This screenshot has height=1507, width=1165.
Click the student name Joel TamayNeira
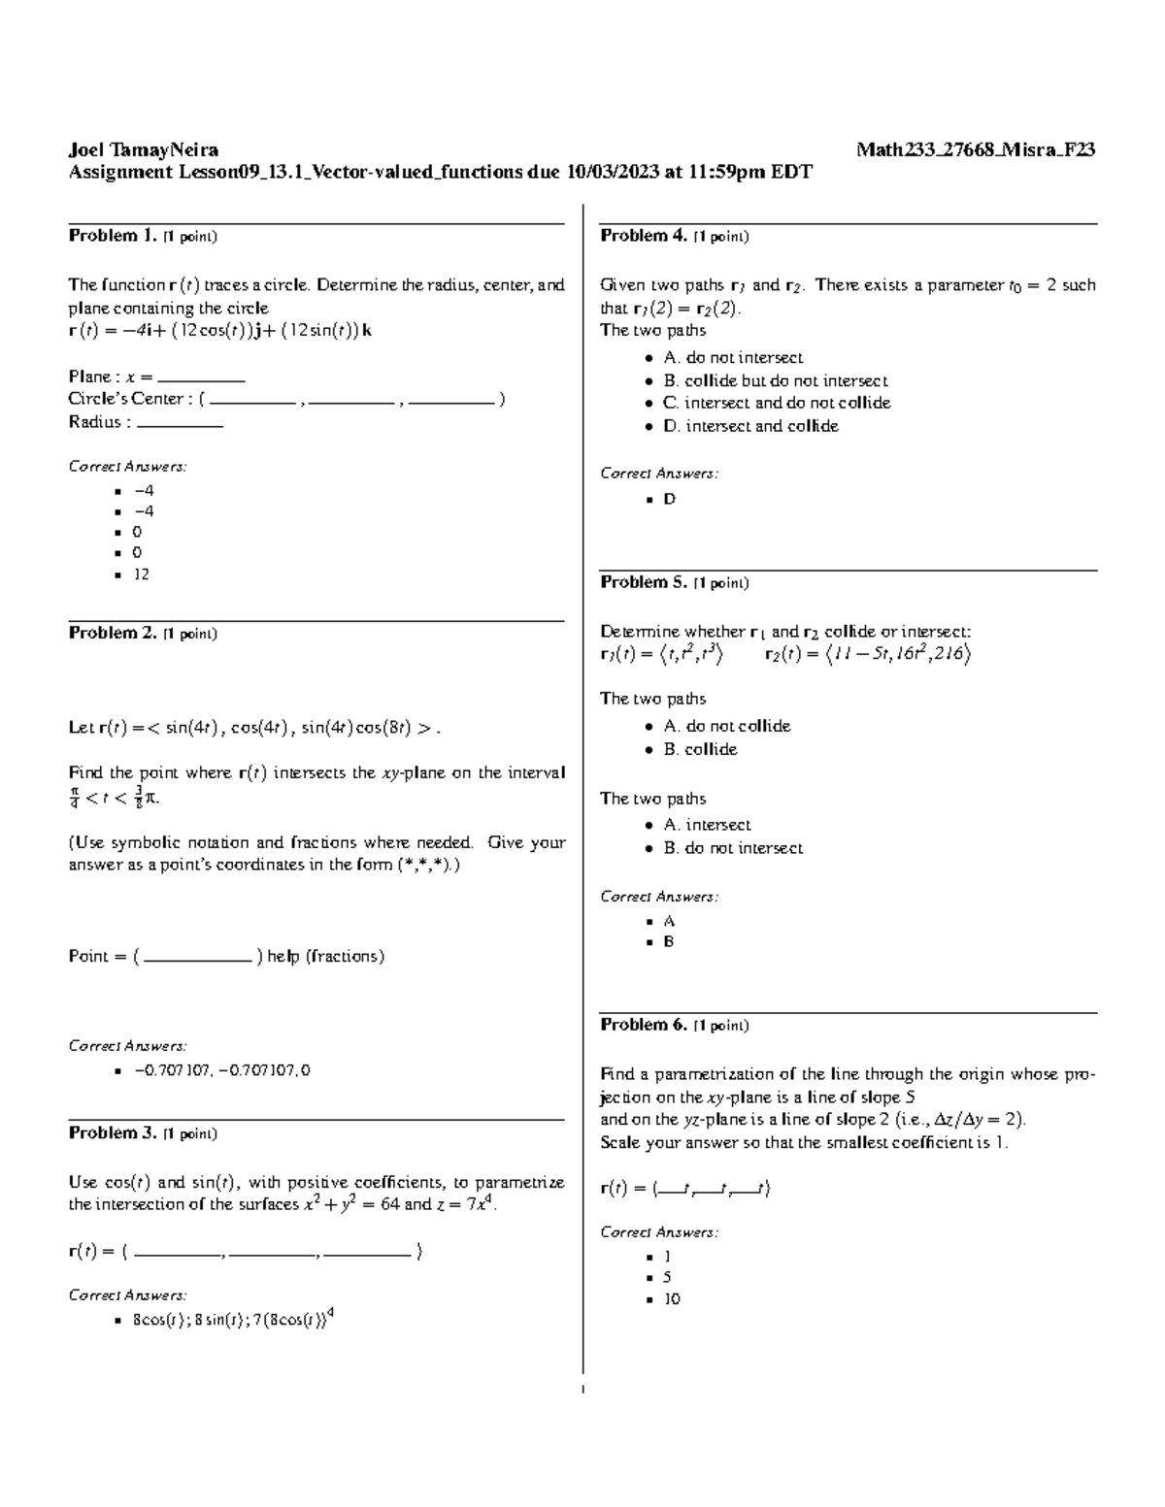(143, 149)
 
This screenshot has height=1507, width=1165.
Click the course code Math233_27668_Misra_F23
(976, 149)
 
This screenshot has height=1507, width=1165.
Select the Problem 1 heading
(112, 236)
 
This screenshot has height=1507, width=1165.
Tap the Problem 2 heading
(112, 633)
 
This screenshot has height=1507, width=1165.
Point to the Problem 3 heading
(112, 1132)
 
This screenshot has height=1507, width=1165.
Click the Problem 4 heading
(644, 236)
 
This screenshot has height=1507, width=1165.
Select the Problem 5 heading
(644, 582)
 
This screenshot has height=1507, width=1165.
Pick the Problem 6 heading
(644, 1025)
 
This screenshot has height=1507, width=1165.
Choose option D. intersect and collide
(750, 426)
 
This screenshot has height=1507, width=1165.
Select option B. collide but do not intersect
(775, 381)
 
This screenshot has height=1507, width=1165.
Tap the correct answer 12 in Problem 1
(142, 573)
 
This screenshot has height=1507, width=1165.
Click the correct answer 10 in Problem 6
(672, 1298)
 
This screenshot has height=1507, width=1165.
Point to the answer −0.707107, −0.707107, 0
(222, 1070)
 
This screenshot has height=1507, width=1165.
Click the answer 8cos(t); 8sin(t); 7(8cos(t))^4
(233, 1319)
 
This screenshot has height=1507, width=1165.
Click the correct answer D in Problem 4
(669, 499)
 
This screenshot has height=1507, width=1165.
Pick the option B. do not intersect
(733, 848)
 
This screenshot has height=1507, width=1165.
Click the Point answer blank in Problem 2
(198, 958)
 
